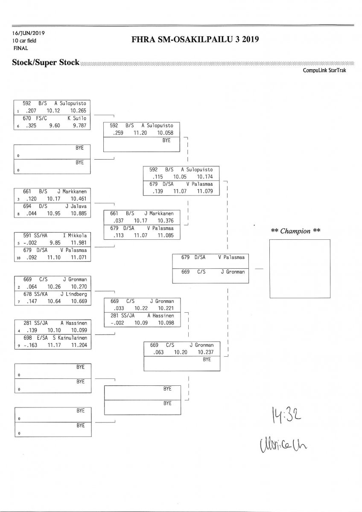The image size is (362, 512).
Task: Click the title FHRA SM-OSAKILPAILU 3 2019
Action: tap(196, 40)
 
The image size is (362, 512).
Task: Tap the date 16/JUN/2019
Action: tap(29, 33)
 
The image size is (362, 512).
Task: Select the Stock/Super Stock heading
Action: tap(46, 63)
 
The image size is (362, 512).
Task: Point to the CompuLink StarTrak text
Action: tap(324, 70)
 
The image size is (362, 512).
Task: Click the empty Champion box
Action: tap(299, 268)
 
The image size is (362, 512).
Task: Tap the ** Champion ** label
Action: tap(296, 231)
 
